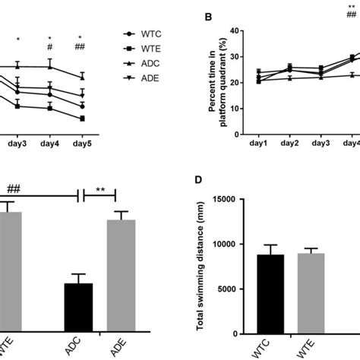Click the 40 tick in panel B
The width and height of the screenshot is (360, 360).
235,31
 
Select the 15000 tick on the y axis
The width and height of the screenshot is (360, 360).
226,200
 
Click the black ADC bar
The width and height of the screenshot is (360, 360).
78,308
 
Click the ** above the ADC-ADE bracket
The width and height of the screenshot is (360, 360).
99,191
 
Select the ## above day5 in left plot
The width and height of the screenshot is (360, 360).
80,47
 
